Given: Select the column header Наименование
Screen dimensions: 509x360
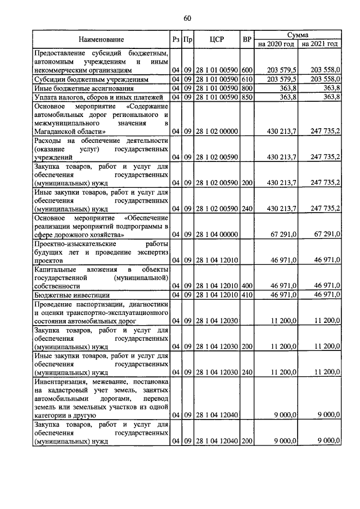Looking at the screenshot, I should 101,39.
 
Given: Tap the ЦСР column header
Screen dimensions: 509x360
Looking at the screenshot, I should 217,39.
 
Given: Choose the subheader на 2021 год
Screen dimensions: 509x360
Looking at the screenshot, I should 319,44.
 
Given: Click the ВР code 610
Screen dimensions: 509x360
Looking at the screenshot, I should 246,80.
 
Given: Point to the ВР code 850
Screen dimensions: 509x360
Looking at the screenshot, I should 246,97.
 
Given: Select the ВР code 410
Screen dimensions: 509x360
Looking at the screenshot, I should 246,294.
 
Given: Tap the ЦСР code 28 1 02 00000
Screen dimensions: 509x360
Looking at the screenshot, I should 217,131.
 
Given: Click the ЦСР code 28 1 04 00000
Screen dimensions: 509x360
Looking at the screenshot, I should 217,233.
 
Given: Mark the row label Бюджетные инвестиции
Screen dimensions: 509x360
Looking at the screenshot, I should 70,295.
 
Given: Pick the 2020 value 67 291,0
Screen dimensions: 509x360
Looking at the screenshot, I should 281,233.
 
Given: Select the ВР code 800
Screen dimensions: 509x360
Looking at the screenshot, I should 246,88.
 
